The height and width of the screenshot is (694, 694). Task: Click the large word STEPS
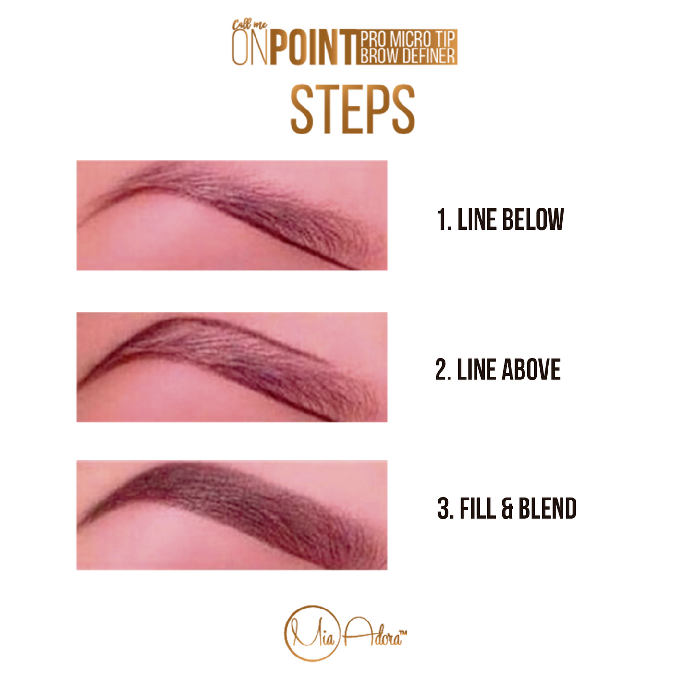[353, 109]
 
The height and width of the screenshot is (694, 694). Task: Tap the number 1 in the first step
[441, 219]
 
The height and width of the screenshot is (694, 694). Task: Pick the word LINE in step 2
[477, 369]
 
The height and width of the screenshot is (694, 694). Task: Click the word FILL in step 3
[477, 508]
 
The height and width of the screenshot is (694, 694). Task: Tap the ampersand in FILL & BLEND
[507, 509]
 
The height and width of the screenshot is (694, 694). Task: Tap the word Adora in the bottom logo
[371, 637]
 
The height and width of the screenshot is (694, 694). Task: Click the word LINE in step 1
[477, 219]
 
